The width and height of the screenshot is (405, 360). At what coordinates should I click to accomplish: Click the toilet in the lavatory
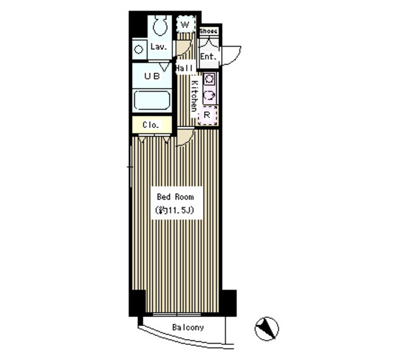pyautogui.click(x=159, y=26)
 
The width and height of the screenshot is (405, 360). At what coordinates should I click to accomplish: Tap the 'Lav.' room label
pyautogui.click(x=158, y=47)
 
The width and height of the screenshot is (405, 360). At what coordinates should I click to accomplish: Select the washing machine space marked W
pyautogui.click(x=185, y=25)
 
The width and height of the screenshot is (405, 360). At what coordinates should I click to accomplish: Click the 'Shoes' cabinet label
pyautogui.click(x=208, y=31)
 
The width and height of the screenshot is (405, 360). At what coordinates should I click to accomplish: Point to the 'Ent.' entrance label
pyautogui.click(x=208, y=57)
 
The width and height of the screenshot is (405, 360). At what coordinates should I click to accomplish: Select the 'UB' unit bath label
pyautogui.click(x=151, y=77)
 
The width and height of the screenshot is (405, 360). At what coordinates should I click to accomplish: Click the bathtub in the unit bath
pyautogui.click(x=153, y=101)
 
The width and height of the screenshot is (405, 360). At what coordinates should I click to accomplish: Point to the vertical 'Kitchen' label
pyautogui.click(x=194, y=96)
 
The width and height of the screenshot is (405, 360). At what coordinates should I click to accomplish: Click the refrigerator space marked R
pyautogui.click(x=207, y=115)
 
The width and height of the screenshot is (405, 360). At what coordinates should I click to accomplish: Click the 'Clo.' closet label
pyautogui.click(x=150, y=125)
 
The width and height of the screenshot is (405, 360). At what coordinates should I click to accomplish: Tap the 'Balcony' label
pyautogui.click(x=188, y=328)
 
